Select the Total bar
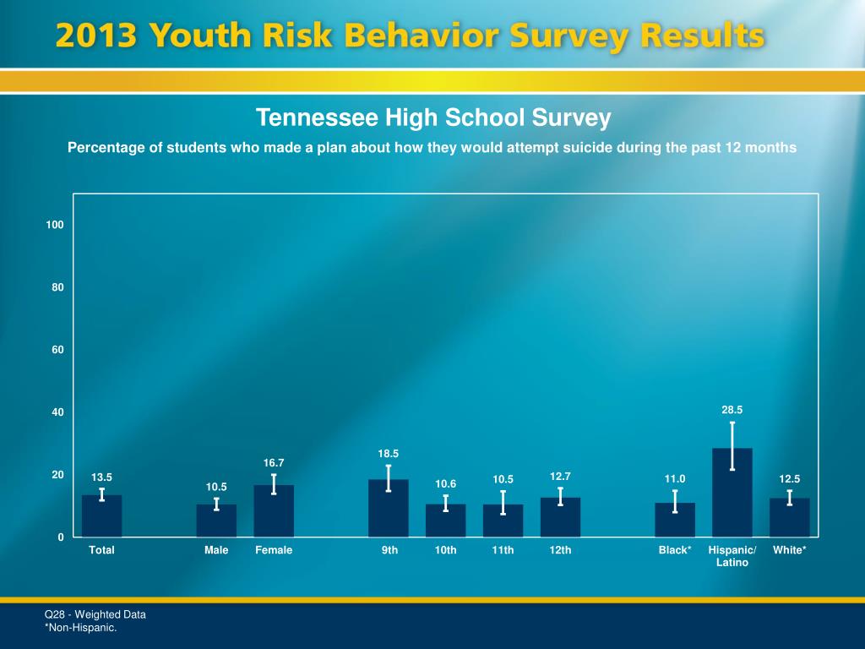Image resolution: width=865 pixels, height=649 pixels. pyautogui.click(x=101, y=516)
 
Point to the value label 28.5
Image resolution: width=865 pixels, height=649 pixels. pyautogui.click(x=732, y=410)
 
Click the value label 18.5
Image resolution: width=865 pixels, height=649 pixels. pyautogui.click(x=389, y=454)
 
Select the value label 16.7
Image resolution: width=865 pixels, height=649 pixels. pyautogui.click(x=274, y=463)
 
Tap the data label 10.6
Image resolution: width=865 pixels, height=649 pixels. pyautogui.click(x=446, y=483)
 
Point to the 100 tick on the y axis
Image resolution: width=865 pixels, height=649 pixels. pyautogui.click(x=55, y=225)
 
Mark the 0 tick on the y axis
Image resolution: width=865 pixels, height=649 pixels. pyautogui.click(x=61, y=537)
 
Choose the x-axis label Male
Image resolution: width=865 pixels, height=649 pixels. pyautogui.click(x=216, y=550)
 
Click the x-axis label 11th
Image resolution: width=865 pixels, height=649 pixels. pyautogui.click(x=503, y=550)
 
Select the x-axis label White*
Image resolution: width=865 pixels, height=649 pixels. pyautogui.click(x=790, y=550)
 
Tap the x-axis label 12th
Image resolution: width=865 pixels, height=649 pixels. pyautogui.click(x=560, y=550)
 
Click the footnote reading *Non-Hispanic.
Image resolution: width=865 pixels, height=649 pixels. pyautogui.click(x=80, y=628)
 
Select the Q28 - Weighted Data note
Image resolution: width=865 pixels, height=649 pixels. pyautogui.click(x=95, y=614)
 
